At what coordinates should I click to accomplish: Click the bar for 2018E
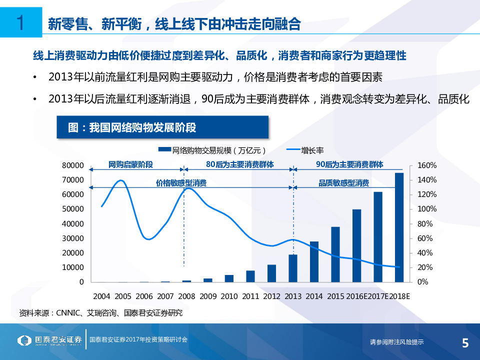399,227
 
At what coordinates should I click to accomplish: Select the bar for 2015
335,254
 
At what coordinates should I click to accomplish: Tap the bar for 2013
293,268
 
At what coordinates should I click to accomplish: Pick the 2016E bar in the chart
356,245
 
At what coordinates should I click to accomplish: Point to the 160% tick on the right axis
427,165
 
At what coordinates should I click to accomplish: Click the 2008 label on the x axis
187,296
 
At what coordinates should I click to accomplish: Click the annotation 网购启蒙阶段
130,164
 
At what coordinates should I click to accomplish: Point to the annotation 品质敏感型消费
344,183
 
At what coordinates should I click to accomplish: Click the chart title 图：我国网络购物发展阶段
132,127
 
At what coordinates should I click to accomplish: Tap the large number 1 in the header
20,23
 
